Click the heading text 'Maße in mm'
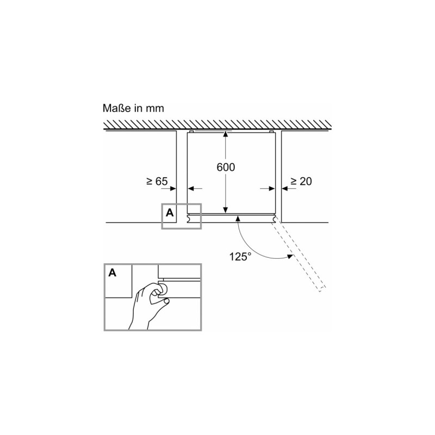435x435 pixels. (x=133, y=108)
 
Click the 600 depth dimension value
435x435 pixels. (x=226, y=167)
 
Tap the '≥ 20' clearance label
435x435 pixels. (x=301, y=182)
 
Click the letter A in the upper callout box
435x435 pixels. (x=169, y=213)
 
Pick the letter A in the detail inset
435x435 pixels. (x=113, y=273)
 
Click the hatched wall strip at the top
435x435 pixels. (x=217, y=125)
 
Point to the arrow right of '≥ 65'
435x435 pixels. (x=172, y=189)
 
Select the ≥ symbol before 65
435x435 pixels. (x=149, y=182)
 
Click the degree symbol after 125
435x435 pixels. (x=249, y=254)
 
